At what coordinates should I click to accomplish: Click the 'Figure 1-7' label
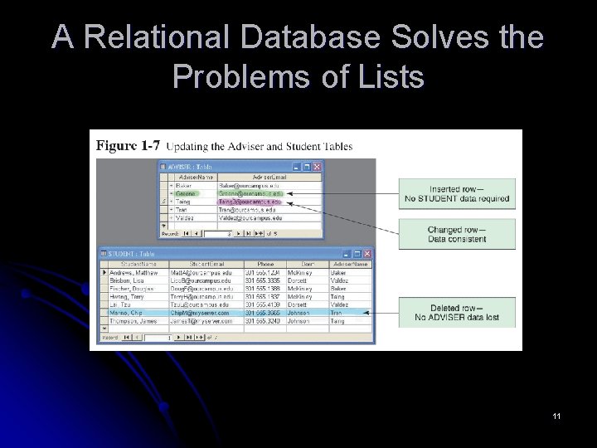(x=128, y=146)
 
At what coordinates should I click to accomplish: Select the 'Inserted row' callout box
(x=457, y=194)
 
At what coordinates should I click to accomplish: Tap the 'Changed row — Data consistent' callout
(x=457, y=235)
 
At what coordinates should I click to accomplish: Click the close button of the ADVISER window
(x=316, y=167)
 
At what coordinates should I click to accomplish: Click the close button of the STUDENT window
(x=366, y=253)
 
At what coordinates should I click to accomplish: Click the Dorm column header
(x=303, y=264)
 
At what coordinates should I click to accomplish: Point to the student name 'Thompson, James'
(x=135, y=321)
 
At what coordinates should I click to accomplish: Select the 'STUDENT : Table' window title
(x=132, y=253)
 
